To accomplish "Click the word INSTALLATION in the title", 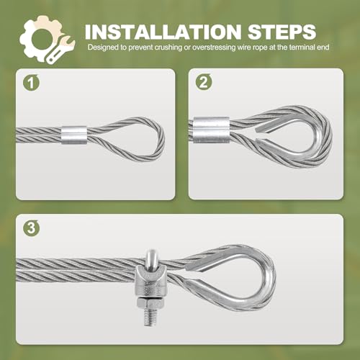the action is [163, 32].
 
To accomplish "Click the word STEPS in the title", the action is [282, 32].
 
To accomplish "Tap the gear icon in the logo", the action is [42, 38].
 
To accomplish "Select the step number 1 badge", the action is [31, 83].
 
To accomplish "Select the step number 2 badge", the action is [204, 82].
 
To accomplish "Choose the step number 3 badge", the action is [31, 228].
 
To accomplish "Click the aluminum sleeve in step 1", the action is [73, 135].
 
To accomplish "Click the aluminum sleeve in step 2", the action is [211, 130].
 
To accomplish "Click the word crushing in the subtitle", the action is [168, 48].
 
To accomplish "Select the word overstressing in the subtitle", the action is [214, 48].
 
